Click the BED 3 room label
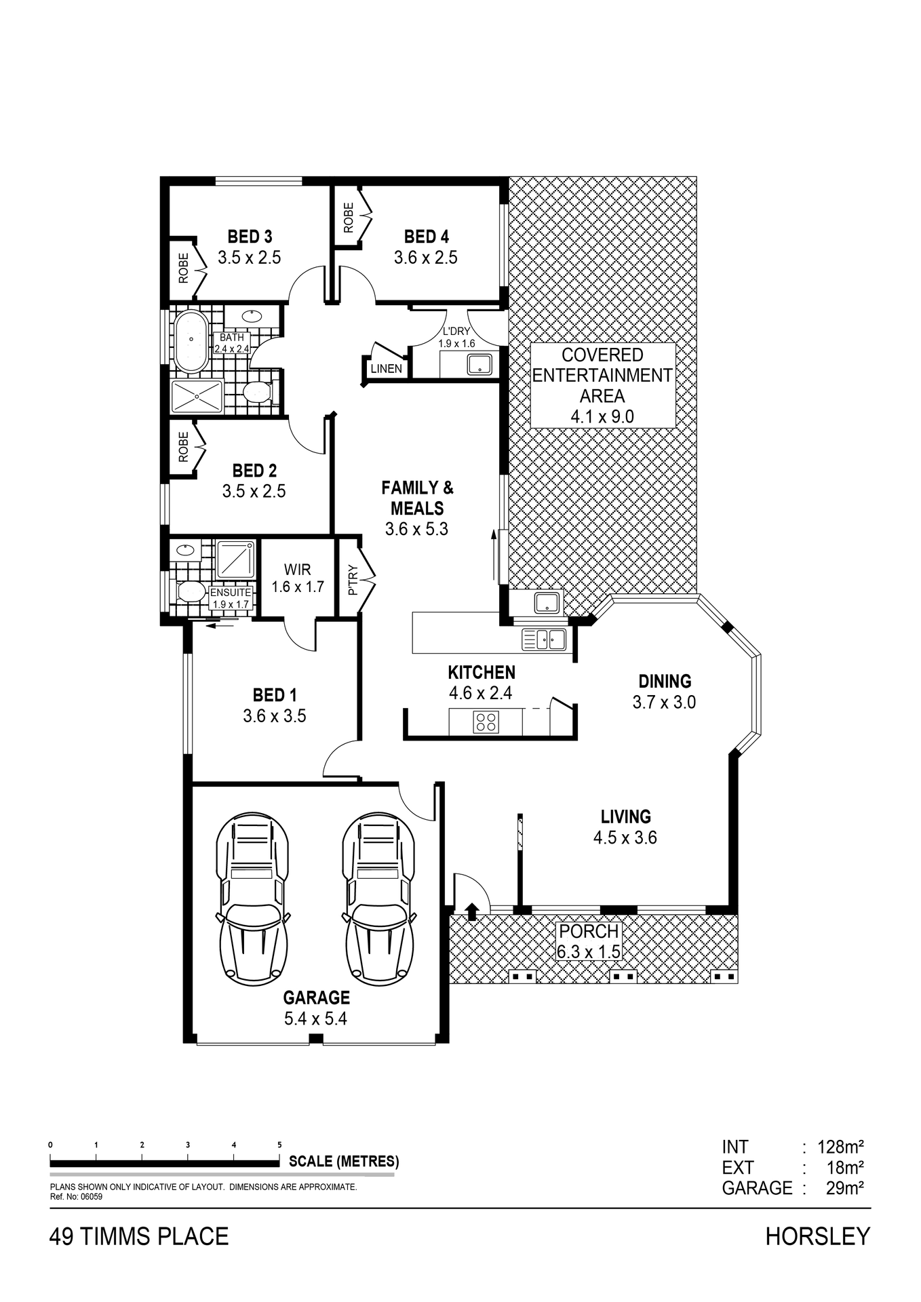pos(250,237)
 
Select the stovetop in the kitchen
pos(486,722)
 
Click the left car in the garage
pos(252,899)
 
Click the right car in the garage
pos(379,899)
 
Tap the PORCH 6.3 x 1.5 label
pos(589,941)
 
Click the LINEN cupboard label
pos(387,369)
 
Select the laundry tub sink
pos(480,364)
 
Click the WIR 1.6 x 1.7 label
pos(298,578)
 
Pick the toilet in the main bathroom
pos(257,392)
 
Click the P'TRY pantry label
pos(352,580)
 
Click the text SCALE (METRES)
pos(344,1161)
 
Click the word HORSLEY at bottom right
pos(817,1237)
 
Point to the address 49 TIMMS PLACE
pos(139,1237)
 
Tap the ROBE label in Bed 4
pos(349,218)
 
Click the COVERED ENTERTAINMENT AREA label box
pos(602,385)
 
